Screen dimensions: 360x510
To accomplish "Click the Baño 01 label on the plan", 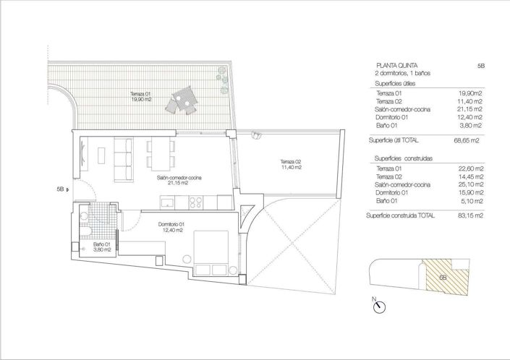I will [101, 247].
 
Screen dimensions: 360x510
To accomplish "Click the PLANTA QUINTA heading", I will [396, 65].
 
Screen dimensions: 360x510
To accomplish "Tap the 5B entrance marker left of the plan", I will [61, 189].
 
